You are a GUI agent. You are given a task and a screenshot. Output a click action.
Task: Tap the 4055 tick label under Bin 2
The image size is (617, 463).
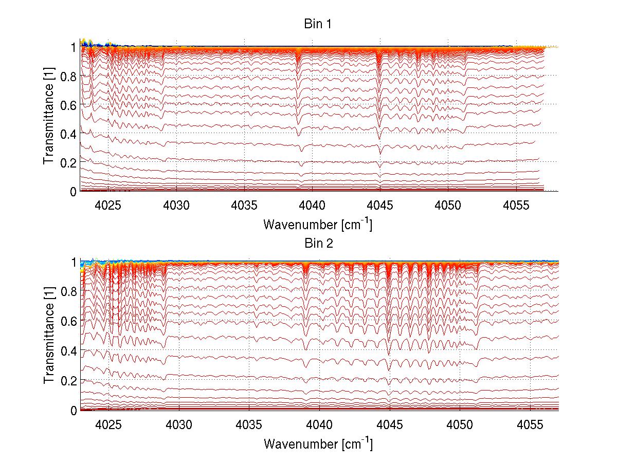tap(530, 425)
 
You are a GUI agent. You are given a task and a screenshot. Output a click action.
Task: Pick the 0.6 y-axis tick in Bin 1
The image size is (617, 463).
tap(69, 104)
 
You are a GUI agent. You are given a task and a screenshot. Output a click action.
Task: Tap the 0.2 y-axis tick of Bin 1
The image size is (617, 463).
tap(69, 162)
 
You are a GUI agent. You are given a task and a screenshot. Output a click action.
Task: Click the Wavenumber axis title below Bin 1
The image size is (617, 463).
tap(318, 224)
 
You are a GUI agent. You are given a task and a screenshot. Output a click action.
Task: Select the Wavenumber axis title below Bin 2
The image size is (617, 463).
tap(318, 443)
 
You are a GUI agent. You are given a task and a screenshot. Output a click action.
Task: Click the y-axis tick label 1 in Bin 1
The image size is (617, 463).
tap(74, 47)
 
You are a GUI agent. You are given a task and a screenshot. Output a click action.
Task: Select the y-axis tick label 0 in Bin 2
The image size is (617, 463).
tap(74, 411)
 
